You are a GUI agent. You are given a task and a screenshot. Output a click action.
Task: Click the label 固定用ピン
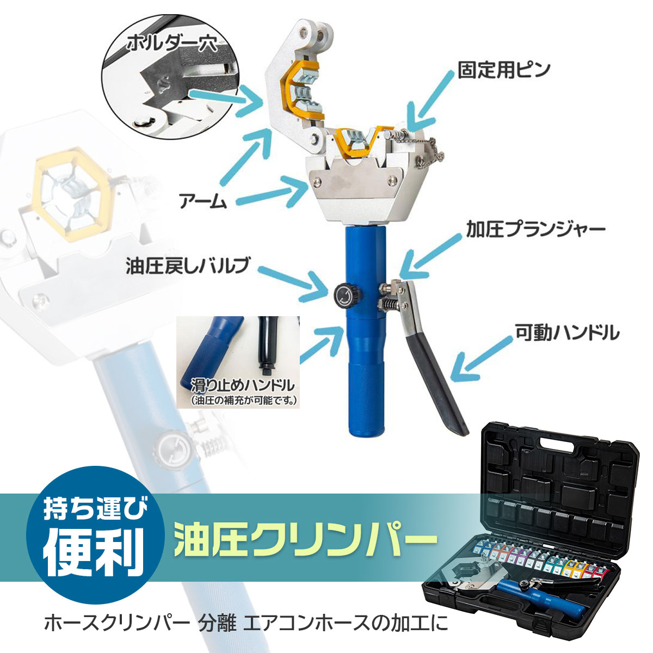[x=504, y=70]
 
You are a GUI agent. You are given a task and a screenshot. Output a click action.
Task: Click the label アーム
[x=203, y=201]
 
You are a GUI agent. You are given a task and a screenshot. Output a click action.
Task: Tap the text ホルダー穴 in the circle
[x=172, y=43]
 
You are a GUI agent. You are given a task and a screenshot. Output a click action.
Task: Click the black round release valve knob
[x=344, y=291]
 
